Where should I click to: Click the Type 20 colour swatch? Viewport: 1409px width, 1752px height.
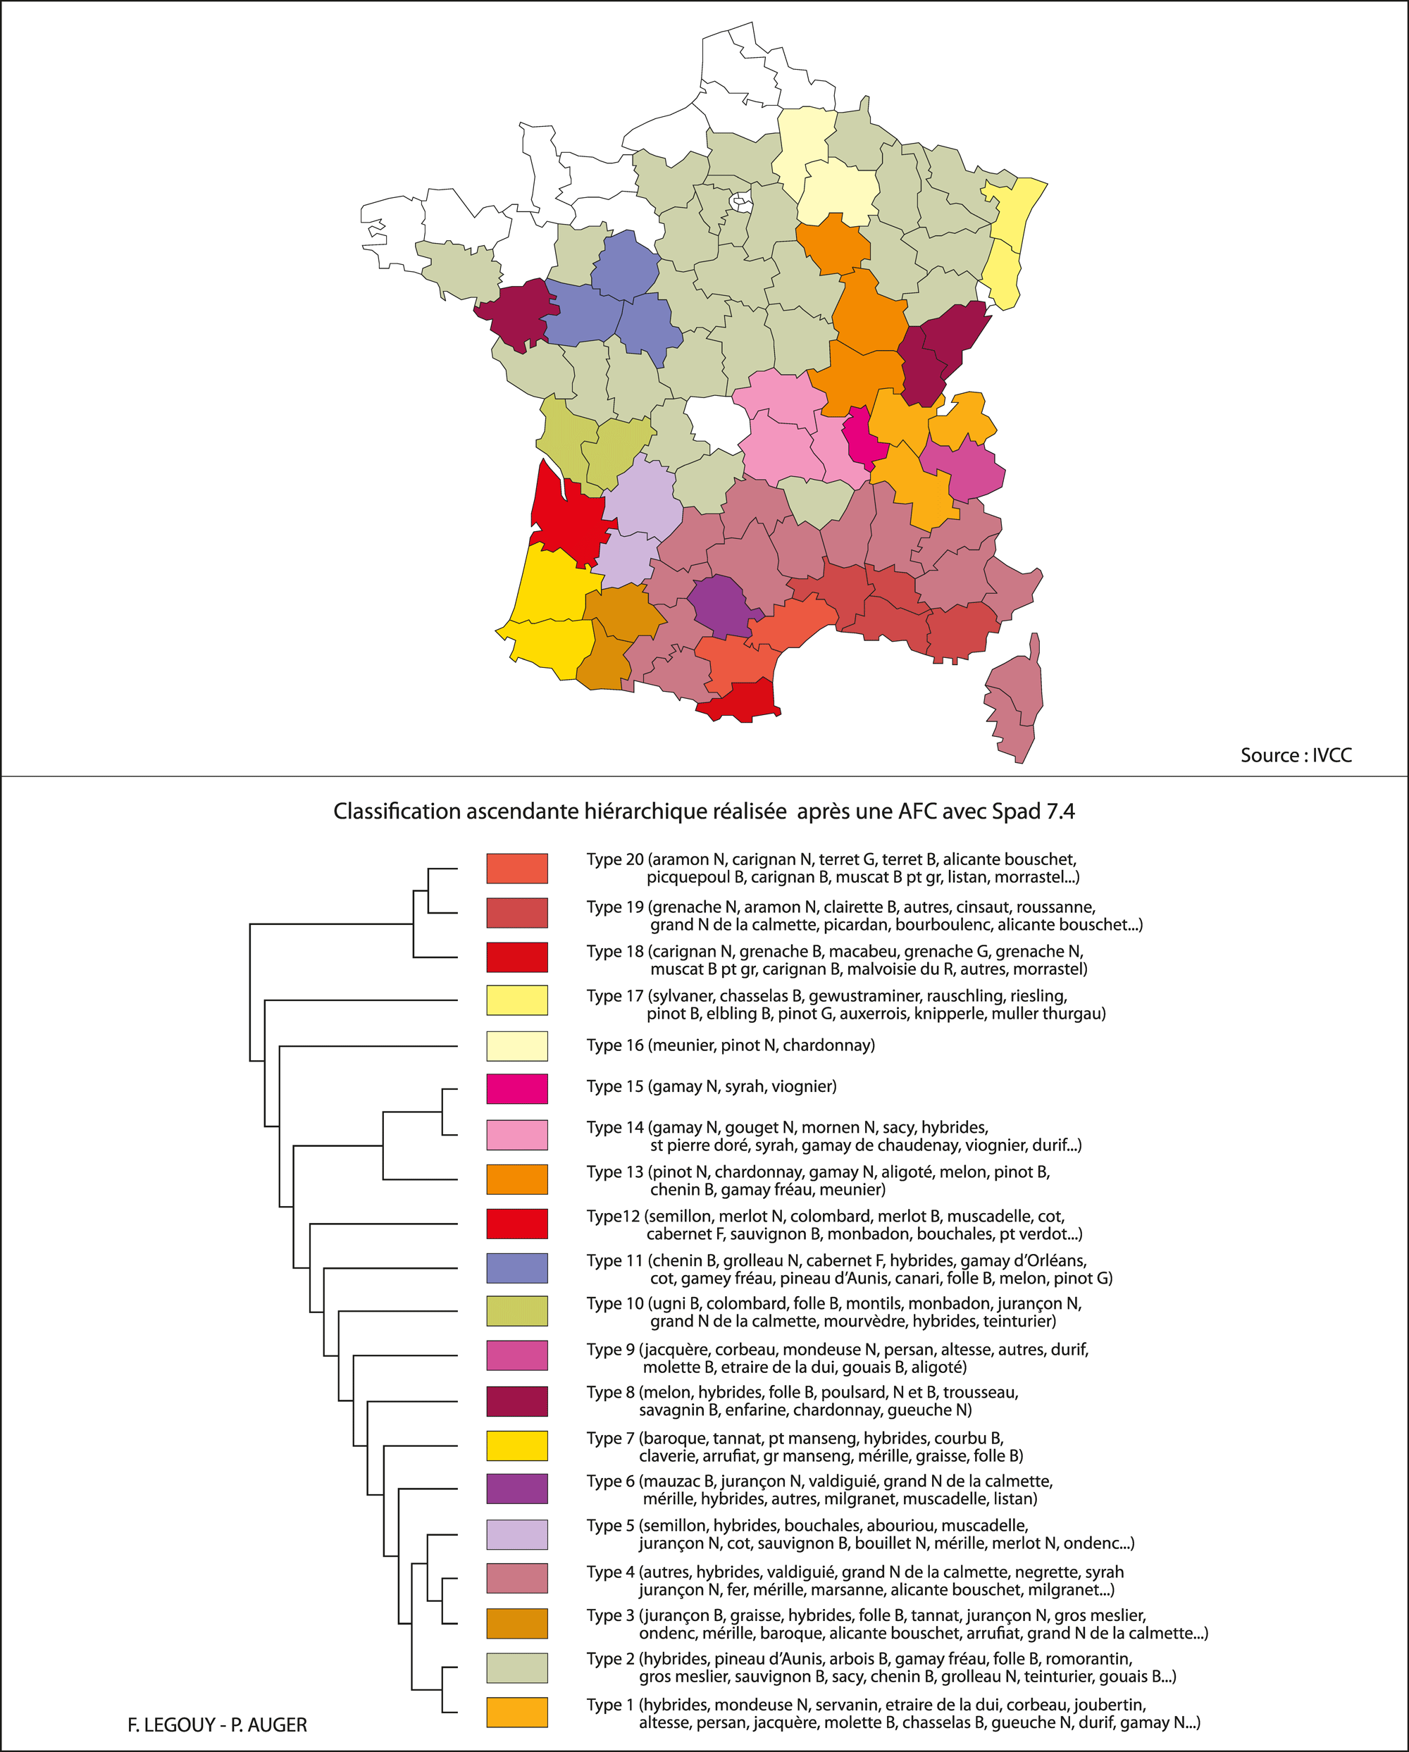[x=517, y=868]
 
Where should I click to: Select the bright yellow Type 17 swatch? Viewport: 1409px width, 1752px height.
[x=517, y=1000]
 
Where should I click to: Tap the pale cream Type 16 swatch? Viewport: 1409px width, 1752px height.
[x=517, y=1046]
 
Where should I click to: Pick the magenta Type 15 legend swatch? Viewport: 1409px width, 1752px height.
[x=517, y=1088]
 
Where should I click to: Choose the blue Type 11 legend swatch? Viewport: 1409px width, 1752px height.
[x=517, y=1267]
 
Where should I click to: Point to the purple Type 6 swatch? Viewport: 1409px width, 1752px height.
[x=517, y=1489]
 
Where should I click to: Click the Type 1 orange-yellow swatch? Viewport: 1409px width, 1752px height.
[x=517, y=1712]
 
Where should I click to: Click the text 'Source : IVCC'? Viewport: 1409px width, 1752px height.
[x=1296, y=755]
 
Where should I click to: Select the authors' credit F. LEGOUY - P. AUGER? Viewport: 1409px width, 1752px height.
[x=217, y=1725]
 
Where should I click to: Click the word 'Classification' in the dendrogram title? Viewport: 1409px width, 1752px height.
[x=397, y=812]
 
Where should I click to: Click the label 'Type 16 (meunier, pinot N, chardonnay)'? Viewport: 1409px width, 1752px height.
[x=731, y=1045]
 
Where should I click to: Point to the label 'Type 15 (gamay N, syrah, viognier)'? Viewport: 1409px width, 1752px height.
[x=711, y=1086]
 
